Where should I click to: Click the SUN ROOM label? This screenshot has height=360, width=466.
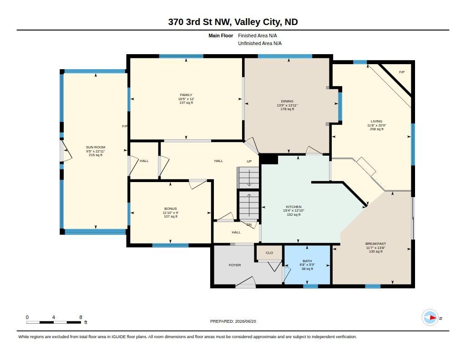point(96,147)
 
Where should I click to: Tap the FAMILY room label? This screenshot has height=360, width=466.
point(186,95)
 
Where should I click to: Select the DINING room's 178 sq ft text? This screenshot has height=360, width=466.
point(287,109)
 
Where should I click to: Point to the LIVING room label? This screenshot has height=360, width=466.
point(376,121)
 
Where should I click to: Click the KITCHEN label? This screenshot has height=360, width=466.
point(294,207)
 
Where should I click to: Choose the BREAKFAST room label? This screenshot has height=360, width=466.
point(375,244)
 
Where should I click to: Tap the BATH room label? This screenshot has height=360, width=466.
point(307,261)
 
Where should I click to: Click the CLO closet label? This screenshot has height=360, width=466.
point(269,253)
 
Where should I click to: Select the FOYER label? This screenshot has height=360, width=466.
point(235,265)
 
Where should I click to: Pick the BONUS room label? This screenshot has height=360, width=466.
point(171,209)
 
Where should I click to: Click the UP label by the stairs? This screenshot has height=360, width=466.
point(249,161)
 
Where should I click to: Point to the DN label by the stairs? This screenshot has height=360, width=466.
point(249,225)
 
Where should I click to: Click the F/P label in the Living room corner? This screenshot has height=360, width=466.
point(401,72)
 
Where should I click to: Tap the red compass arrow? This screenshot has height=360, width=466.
point(433,318)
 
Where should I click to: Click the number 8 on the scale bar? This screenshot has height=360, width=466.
point(81,317)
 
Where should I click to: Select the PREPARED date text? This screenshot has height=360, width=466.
point(233,321)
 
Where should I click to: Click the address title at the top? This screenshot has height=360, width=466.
point(233,22)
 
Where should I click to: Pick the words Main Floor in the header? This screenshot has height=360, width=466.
point(221,35)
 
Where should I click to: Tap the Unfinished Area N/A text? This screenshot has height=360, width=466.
point(260,43)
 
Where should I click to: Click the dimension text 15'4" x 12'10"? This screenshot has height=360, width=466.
point(294,211)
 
